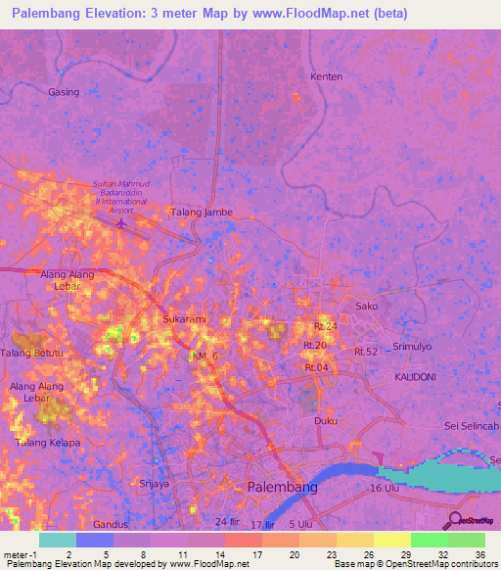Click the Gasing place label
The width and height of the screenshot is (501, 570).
63,91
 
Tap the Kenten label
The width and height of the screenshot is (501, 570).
326,76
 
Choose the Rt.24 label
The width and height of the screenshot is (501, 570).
326,326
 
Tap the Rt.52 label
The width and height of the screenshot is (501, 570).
366,352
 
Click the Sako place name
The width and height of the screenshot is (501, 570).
366,307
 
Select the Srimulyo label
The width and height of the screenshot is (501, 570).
411,347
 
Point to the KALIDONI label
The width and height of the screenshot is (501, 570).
415,376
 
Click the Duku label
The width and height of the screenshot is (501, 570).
325,420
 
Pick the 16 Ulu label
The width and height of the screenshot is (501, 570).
388,488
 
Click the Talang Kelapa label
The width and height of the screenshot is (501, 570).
47,443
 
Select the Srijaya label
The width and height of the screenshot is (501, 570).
155,484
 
